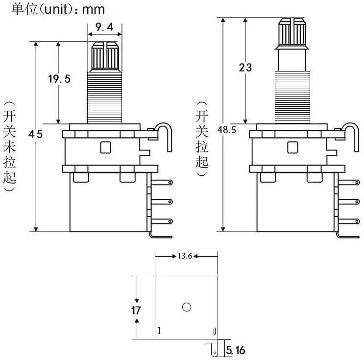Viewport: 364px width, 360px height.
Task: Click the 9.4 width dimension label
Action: pos(104,28)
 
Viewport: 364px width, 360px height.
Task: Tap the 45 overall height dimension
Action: pos(35,134)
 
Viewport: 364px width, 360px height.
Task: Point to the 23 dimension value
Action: pos(245,67)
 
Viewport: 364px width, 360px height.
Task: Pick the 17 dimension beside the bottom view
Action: pos(136,310)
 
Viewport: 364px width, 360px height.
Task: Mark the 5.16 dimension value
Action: pos(236,350)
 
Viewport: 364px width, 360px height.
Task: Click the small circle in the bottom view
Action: pos(186,307)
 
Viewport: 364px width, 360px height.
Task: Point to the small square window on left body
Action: pos(105,147)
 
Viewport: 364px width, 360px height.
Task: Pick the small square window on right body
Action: pos(292,147)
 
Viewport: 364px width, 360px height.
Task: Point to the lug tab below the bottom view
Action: pos(214,348)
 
